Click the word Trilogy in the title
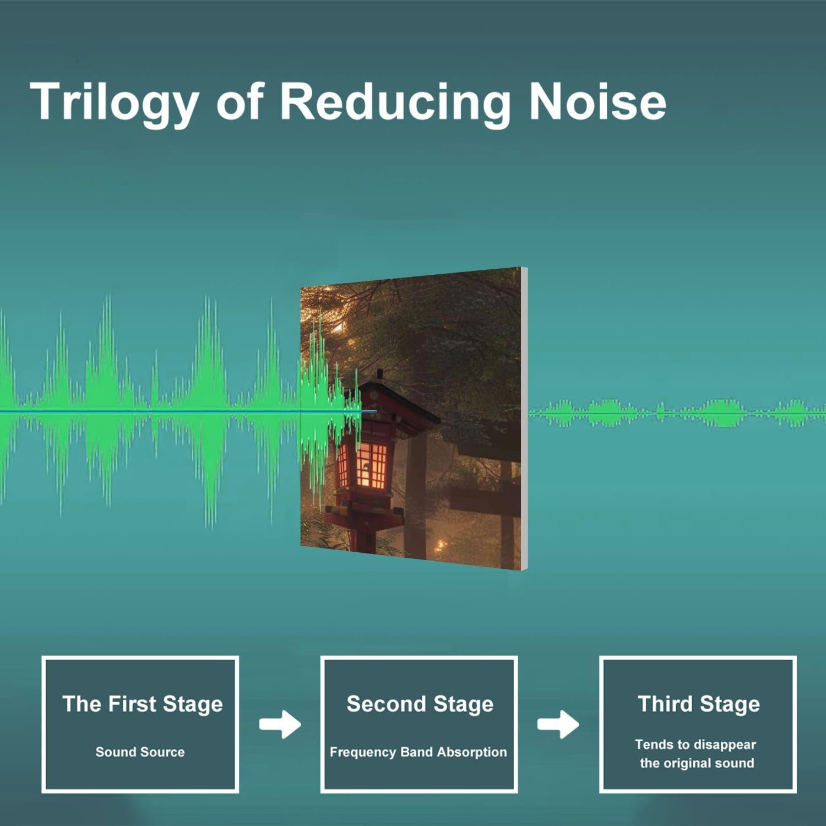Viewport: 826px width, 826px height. pos(115,103)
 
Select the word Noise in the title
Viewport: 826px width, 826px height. pos(597,101)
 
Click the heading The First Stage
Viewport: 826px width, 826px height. pos(142,704)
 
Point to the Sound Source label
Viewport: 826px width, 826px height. pos(140,752)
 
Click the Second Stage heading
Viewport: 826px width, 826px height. pos(420,704)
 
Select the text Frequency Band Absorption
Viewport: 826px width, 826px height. pos(418,753)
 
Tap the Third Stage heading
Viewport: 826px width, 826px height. pos(699,704)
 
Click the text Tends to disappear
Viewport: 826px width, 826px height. pos(695,745)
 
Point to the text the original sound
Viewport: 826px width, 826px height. pos(697,763)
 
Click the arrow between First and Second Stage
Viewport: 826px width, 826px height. pos(280,724)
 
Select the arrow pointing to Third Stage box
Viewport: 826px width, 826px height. pos(558,724)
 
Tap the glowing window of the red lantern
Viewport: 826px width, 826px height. pos(364,464)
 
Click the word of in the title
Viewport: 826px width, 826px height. pos(240,103)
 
